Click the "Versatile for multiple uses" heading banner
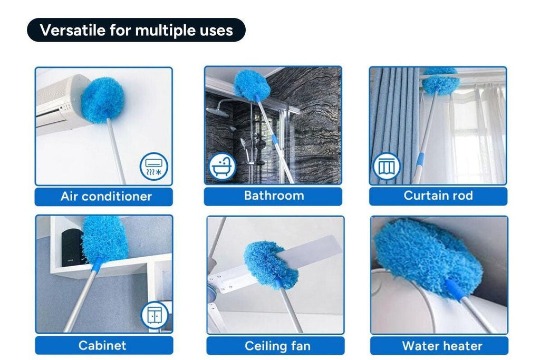pyautogui.click(x=136, y=30)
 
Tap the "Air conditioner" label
pyautogui.click(x=104, y=197)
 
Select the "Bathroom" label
pyautogui.click(x=273, y=196)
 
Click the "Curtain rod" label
pyautogui.click(x=438, y=196)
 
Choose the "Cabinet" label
pyautogui.click(x=104, y=346)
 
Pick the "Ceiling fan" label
pyautogui.click(x=277, y=346)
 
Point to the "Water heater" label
pyautogui.click(x=441, y=346)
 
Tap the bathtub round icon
pyautogui.click(x=222, y=167)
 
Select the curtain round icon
pyautogui.click(x=387, y=167)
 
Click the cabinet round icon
pyautogui.click(x=154, y=315)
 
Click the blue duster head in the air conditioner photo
pyautogui.click(x=102, y=100)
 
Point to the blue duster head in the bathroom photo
pyautogui.click(x=252, y=84)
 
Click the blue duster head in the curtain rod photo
pyautogui.click(x=440, y=81)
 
